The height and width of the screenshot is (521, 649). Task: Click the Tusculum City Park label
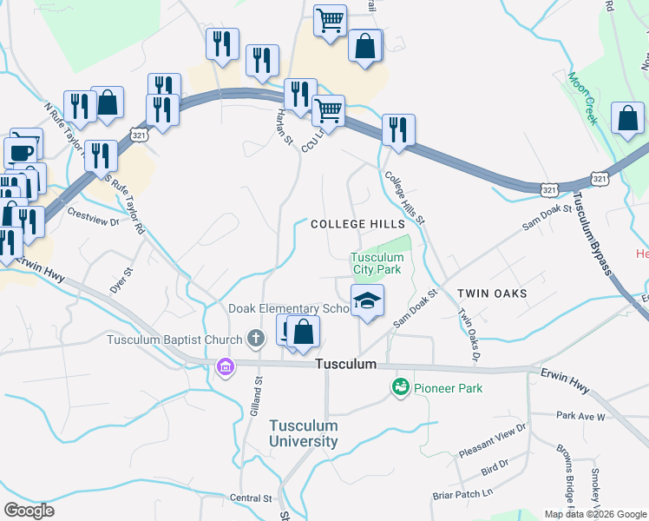click(x=377, y=263)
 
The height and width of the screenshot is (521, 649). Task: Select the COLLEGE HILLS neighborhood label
click(x=345, y=224)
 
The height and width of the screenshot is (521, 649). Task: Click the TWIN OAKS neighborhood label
click(x=492, y=294)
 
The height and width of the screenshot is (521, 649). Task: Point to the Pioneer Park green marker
click(x=401, y=387)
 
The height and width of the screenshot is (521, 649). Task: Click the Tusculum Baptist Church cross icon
click(x=255, y=338)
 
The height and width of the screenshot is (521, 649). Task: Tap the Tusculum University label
click(x=303, y=433)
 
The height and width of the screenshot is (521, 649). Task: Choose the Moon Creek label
click(x=583, y=99)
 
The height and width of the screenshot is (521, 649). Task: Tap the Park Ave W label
click(x=580, y=417)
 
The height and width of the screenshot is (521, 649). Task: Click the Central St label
click(x=252, y=498)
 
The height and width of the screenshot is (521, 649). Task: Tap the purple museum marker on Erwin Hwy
click(x=226, y=368)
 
